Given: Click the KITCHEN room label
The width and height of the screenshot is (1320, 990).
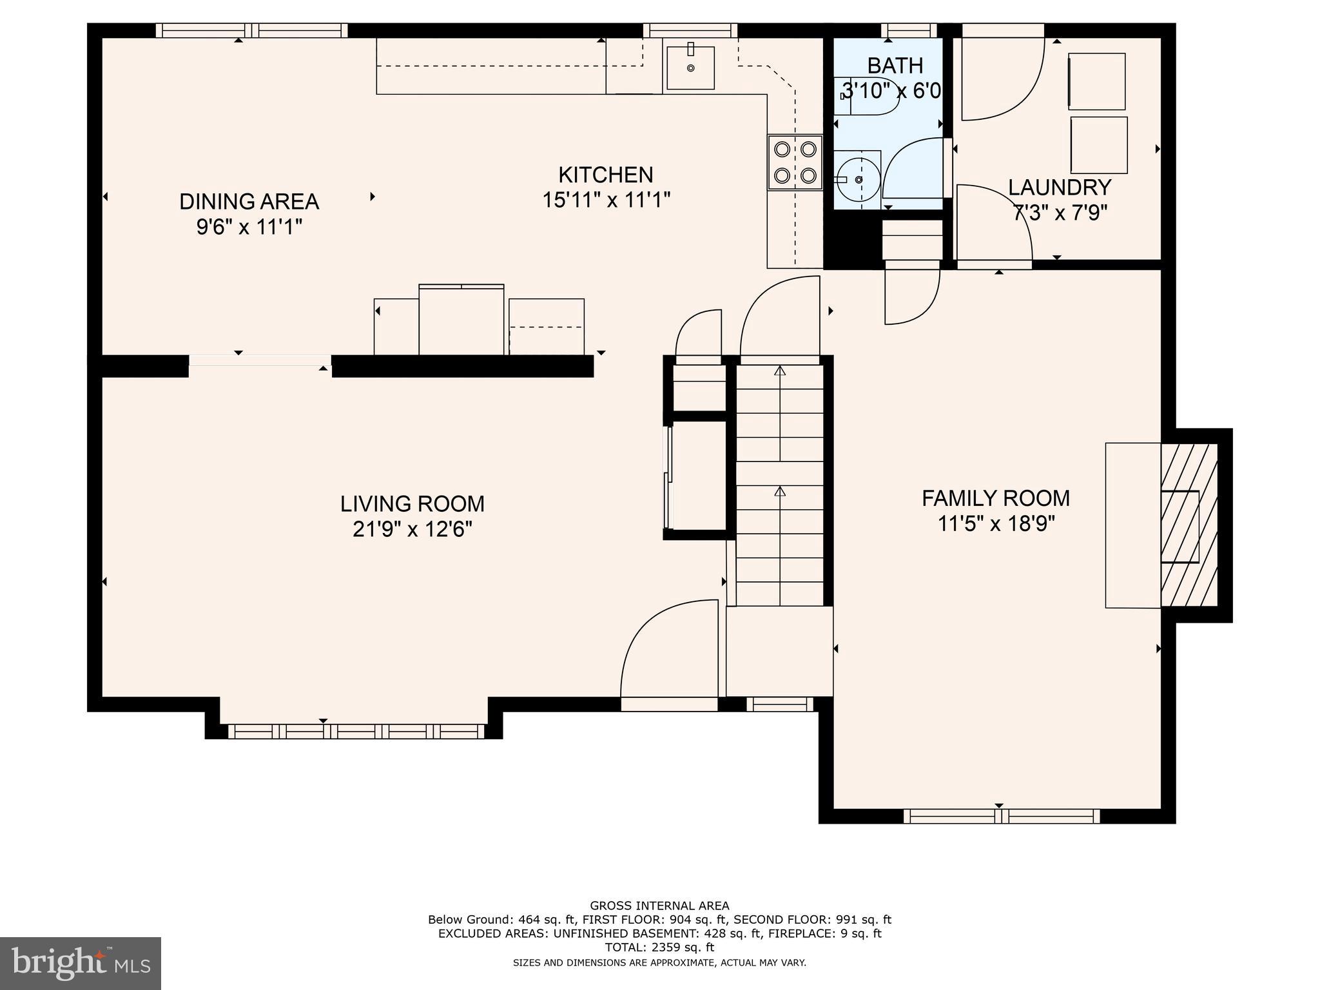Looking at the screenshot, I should pos(605,175).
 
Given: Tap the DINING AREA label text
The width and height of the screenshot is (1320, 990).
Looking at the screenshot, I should pos(249,202).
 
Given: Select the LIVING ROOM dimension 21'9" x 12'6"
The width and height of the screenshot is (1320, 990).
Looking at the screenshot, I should pos(412,529).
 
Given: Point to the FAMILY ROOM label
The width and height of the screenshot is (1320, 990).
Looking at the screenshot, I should pos(995,498).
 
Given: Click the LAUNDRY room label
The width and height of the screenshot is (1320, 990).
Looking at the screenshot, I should pos(1059,188).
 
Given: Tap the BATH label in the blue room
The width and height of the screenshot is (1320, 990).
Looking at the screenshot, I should pos(895,66).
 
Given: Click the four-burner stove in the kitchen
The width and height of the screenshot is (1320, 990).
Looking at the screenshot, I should pos(795,162).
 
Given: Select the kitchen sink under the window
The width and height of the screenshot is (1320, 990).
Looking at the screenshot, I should pos(690,67).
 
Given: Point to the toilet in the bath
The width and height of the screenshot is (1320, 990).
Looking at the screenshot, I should pos(867,97).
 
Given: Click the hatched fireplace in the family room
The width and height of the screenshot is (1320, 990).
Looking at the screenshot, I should pos(1189,525).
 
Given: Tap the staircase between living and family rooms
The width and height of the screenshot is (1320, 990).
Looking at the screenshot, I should pos(780,483).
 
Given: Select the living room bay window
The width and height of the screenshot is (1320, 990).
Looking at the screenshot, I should pos(356,731).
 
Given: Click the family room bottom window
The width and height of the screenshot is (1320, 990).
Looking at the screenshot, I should pos(1001,816).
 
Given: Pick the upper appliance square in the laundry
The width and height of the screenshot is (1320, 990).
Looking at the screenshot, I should pos(1097,81).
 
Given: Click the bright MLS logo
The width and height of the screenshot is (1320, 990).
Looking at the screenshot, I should pos(81,963).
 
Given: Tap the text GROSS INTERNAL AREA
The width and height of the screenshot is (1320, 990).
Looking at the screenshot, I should pos(659,906).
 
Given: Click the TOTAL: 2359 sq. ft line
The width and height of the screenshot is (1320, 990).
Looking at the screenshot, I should pos(659,947).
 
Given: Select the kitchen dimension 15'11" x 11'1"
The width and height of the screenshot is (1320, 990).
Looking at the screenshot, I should pos(606,200).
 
